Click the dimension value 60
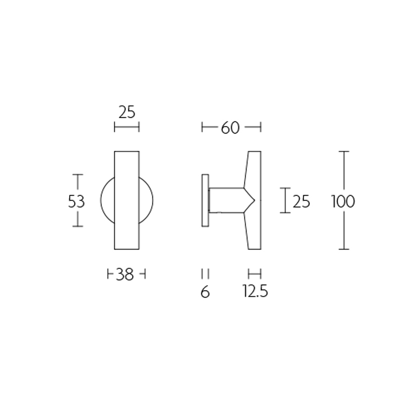230,128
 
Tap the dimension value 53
77,201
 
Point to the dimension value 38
126,274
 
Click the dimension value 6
205,292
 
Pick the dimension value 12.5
255,292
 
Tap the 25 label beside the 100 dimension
301,201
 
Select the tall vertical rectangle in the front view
127,200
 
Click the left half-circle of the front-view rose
108,201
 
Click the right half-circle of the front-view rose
147,201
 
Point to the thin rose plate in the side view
204,200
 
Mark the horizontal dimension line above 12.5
254,274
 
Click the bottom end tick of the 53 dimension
77,226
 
